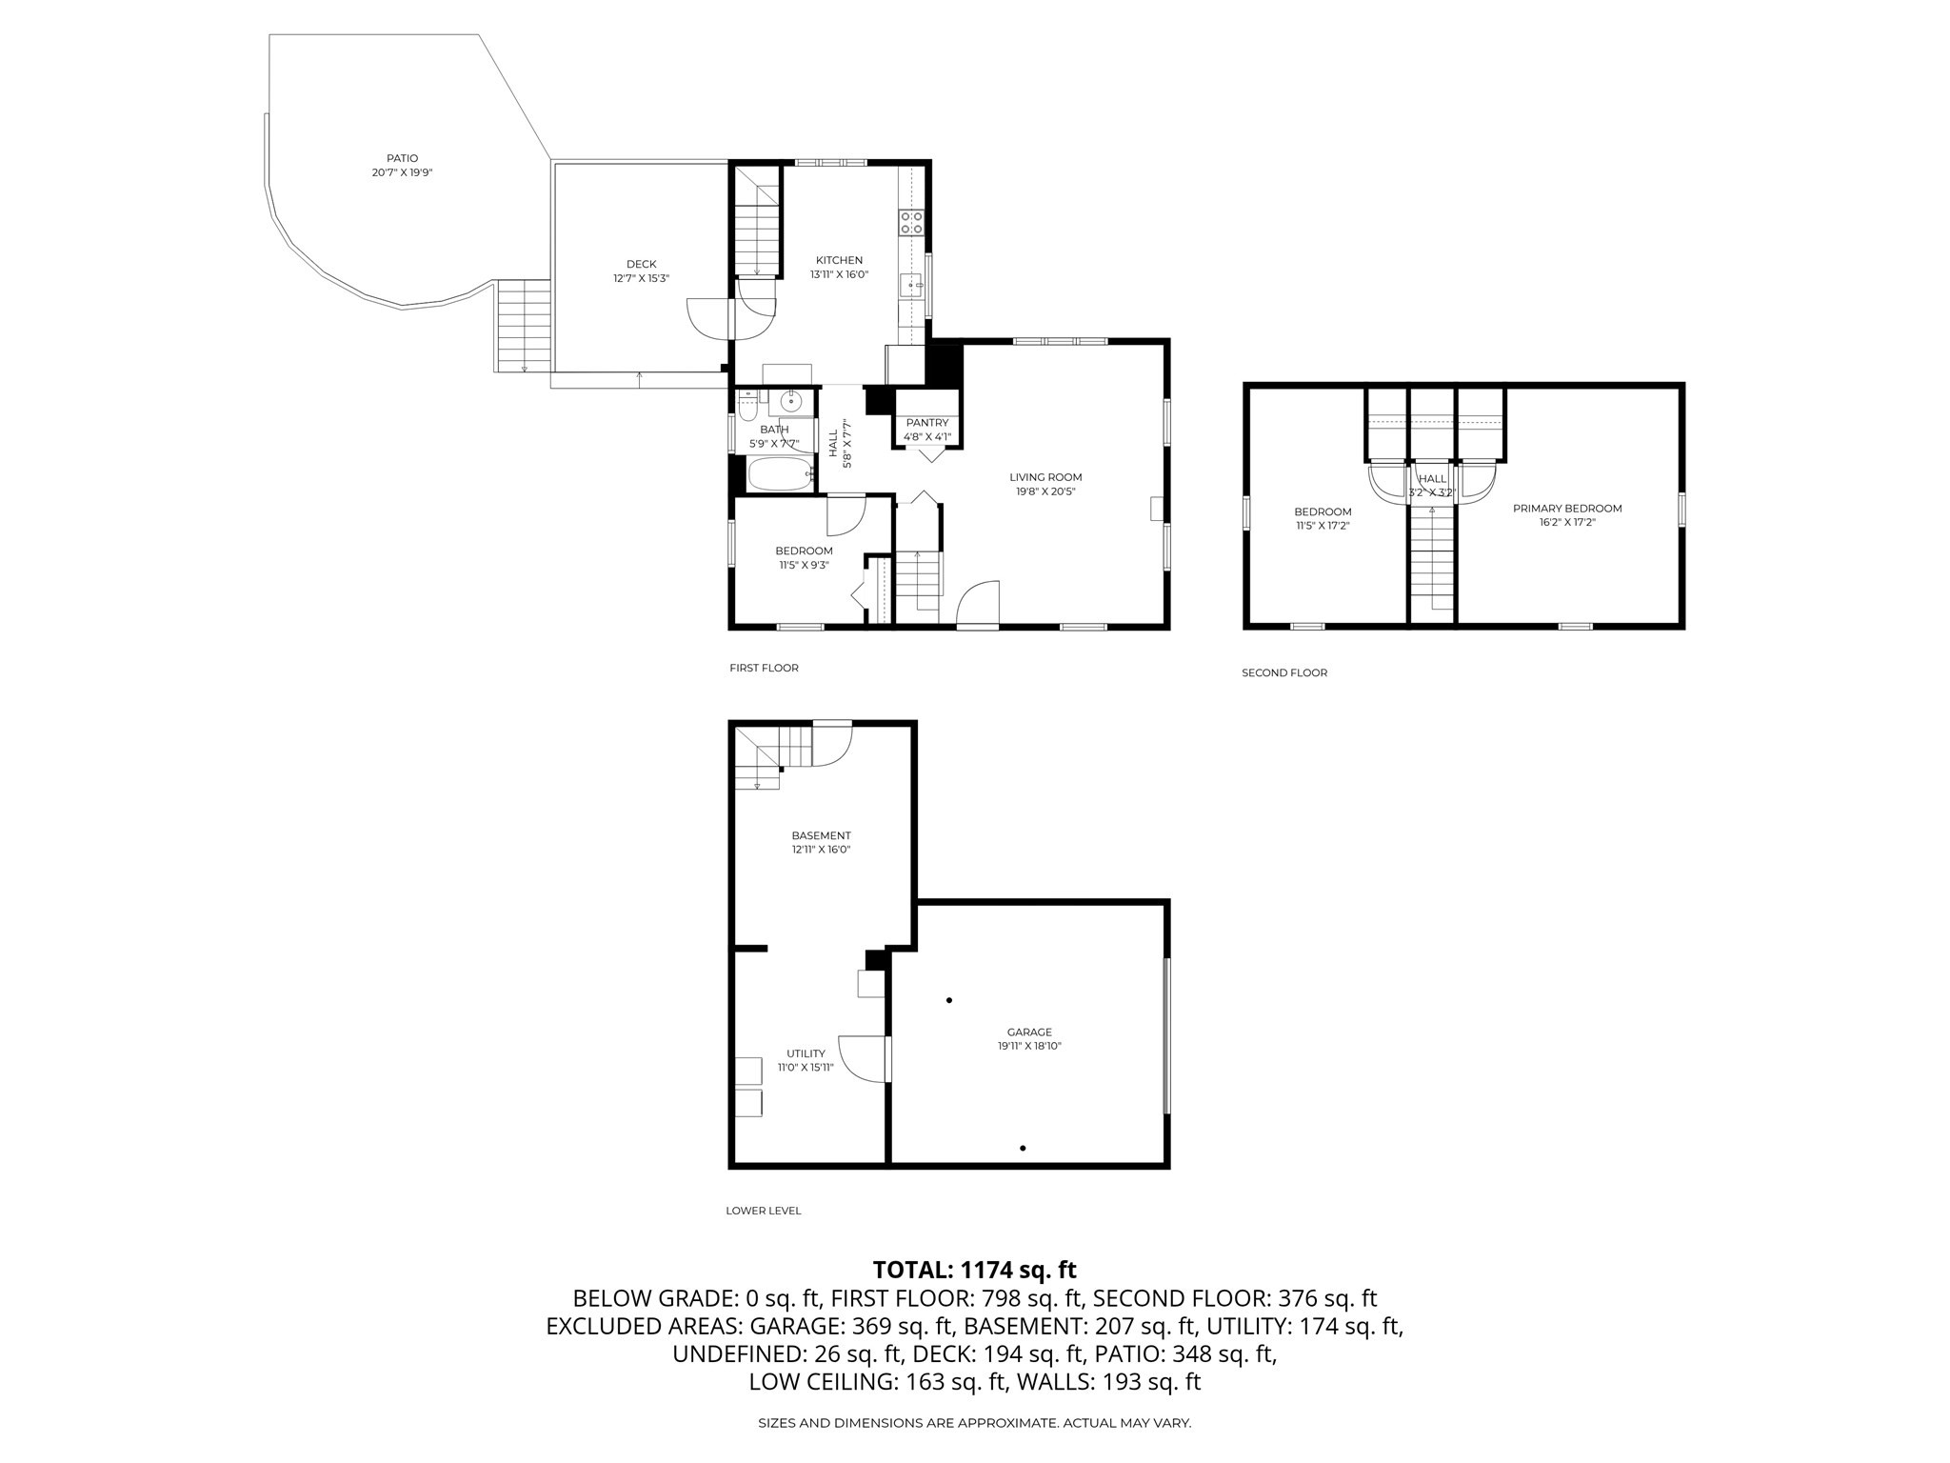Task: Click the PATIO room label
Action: coord(402,158)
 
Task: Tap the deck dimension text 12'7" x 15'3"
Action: coord(641,279)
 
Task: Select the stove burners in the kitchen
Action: coord(911,223)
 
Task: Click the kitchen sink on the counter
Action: coord(911,285)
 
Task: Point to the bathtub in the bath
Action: coord(780,473)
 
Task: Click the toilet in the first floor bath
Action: coord(748,406)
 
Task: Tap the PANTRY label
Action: coord(926,423)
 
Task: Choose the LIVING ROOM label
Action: coord(1045,477)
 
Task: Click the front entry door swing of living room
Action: coord(978,606)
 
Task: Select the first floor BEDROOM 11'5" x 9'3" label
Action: coord(804,551)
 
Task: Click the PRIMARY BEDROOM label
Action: coord(1567,509)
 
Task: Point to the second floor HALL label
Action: coord(1432,479)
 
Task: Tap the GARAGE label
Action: coord(1029,1032)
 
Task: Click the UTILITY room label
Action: coord(806,1053)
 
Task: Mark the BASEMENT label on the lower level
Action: coord(821,835)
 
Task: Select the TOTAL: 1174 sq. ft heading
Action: coord(974,1270)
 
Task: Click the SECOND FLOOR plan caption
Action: coord(1283,672)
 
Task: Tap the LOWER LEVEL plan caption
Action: coord(763,1211)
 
